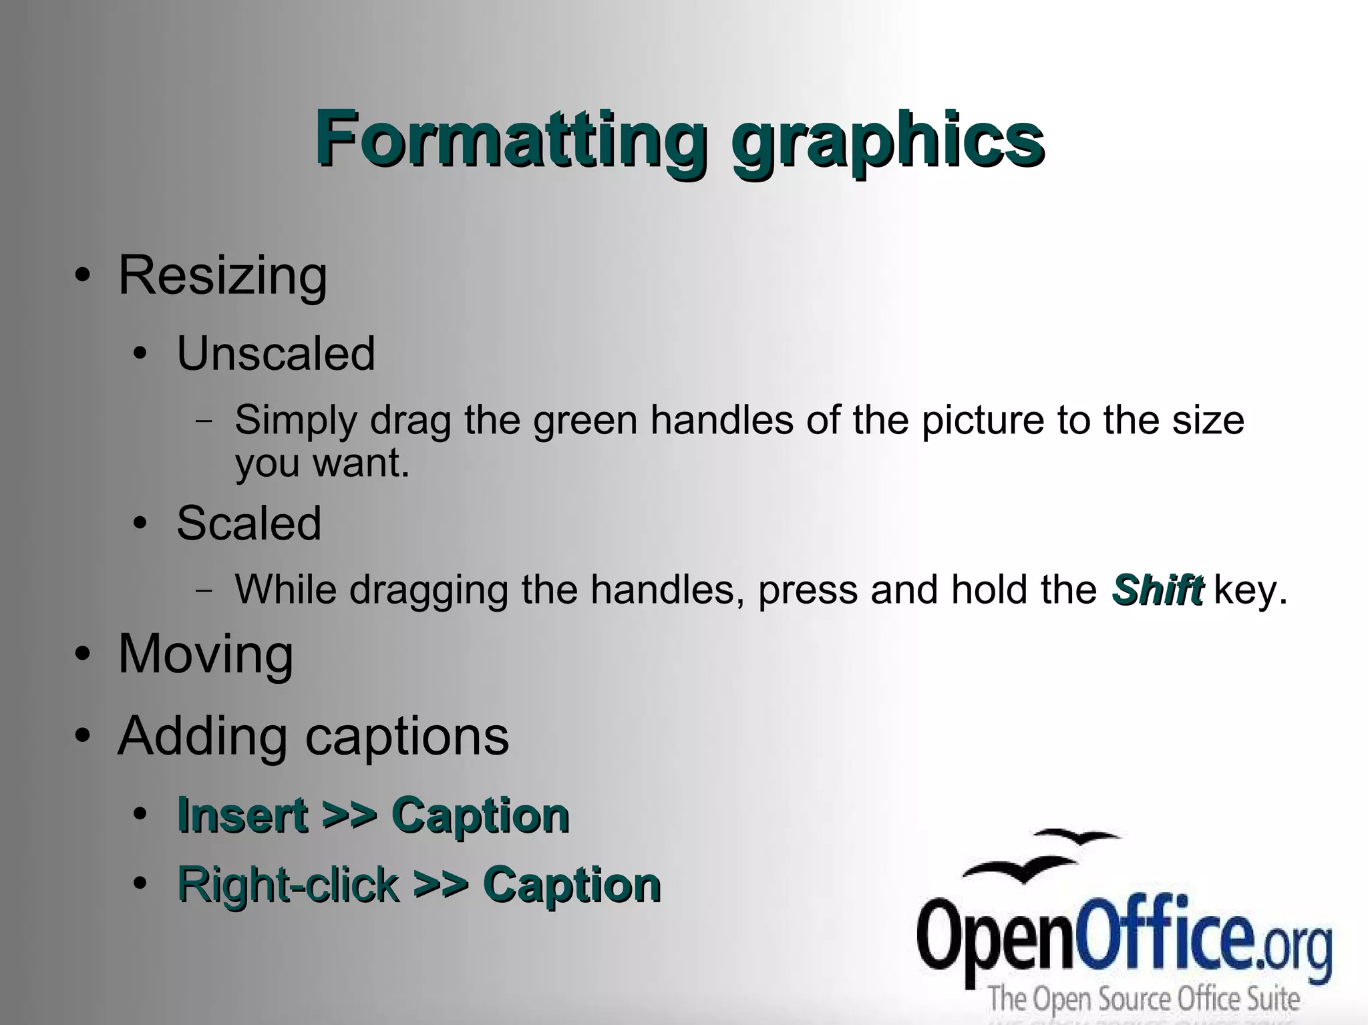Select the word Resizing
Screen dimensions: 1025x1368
[222, 275]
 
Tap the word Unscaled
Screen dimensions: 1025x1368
[275, 353]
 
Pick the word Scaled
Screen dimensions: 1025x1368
[248, 523]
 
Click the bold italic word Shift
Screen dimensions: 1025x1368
[1157, 590]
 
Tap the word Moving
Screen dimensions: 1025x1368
[205, 654]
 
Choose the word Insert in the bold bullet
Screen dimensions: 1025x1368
[242, 816]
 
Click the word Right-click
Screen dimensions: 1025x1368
[287, 885]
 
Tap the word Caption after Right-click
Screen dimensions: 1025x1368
[572, 885]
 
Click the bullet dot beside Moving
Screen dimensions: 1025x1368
[82, 655]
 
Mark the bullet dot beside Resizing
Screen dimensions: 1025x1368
[82, 276]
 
